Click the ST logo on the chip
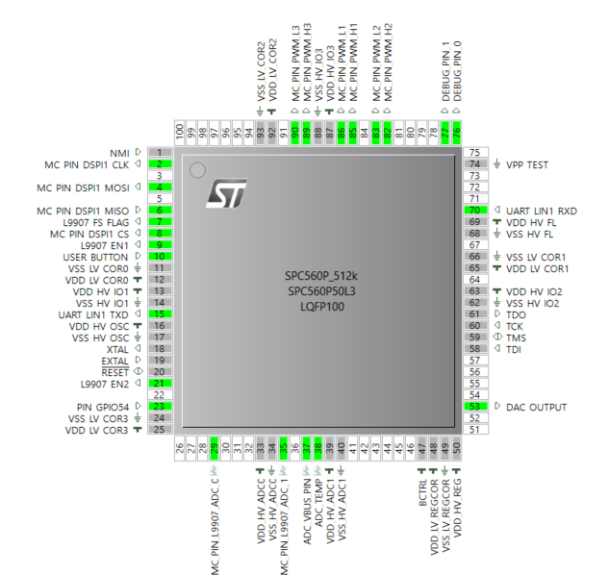pos(226,193)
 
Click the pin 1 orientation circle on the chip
pos(197,171)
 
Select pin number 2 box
pos(159,164)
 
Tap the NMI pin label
pos(119,153)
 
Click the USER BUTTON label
pos(97,257)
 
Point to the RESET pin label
pos(114,372)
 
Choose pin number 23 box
pos(159,407)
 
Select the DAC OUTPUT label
pos(537,407)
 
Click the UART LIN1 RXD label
pos(542,211)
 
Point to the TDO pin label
pos(516,314)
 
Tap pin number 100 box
pos(179,132)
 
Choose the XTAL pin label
pos(116,349)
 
